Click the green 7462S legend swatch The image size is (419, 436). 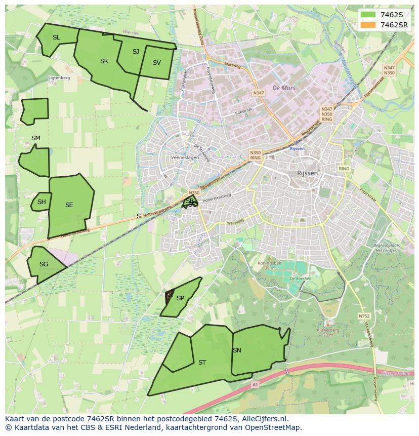(x=369, y=15)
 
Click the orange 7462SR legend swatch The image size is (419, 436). (x=369, y=25)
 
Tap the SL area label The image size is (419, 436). (x=56, y=37)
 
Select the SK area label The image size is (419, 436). (x=104, y=61)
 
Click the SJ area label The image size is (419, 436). (x=136, y=52)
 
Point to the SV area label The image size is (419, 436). (x=156, y=63)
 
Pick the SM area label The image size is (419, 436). (x=35, y=138)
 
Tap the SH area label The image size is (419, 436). (x=41, y=202)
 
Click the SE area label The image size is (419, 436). (x=69, y=205)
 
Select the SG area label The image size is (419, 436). (x=44, y=264)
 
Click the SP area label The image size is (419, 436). (x=180, y=298)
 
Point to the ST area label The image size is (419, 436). (x=202, y=363)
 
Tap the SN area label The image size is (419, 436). (x=237, y=350)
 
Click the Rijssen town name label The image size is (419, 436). (x=307, y=173)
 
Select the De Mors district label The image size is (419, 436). (x=283, y=88)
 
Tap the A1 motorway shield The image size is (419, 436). (x=255, y=385)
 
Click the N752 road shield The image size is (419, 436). (x=364, y=316)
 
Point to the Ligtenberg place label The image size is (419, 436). (x=59, y=78)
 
